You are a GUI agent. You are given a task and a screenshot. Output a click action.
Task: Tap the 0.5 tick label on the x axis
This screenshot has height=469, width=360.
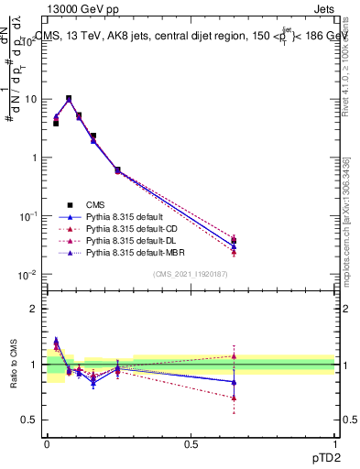pos(191,442)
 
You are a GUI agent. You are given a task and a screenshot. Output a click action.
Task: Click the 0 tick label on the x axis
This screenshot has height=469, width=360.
pos(47,442)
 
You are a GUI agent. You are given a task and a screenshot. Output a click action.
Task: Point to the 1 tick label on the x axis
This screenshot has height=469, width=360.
pos(335,442)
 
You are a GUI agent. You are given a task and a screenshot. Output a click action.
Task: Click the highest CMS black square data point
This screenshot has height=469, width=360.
pos(69,98)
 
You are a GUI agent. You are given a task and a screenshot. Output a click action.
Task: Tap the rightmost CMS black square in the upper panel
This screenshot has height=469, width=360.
pos(234,241)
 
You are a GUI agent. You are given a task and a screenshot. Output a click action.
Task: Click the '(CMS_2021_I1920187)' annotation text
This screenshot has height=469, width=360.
pos(190,273)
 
